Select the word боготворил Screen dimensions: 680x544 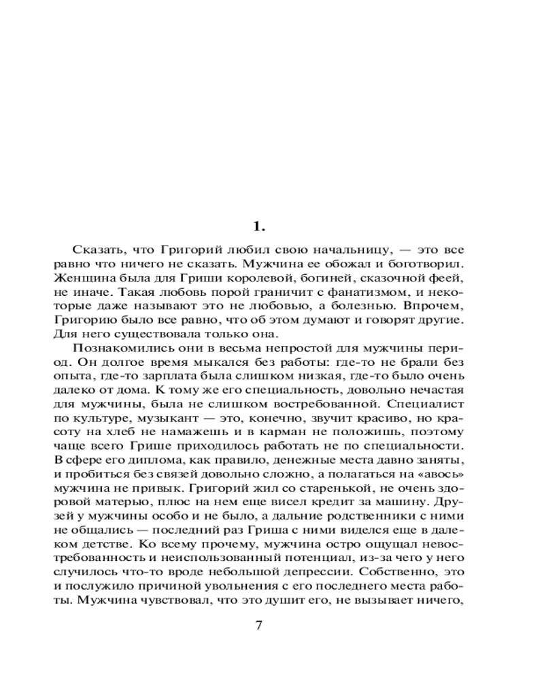(x=429, y=267)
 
